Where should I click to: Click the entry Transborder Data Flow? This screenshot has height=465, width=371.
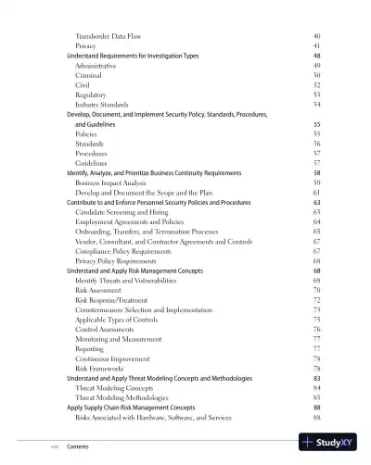[109, 35]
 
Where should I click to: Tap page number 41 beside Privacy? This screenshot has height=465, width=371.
[316, 45]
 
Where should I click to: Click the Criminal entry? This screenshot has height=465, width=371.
[89, 75]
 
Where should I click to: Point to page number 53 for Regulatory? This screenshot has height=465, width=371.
[316, 94]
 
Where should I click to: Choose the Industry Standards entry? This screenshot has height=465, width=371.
[101, 105]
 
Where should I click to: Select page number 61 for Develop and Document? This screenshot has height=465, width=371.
[316, 193]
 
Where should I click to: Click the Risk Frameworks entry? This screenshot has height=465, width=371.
[100, 369]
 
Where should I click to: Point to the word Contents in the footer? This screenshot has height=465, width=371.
[78, 446]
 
